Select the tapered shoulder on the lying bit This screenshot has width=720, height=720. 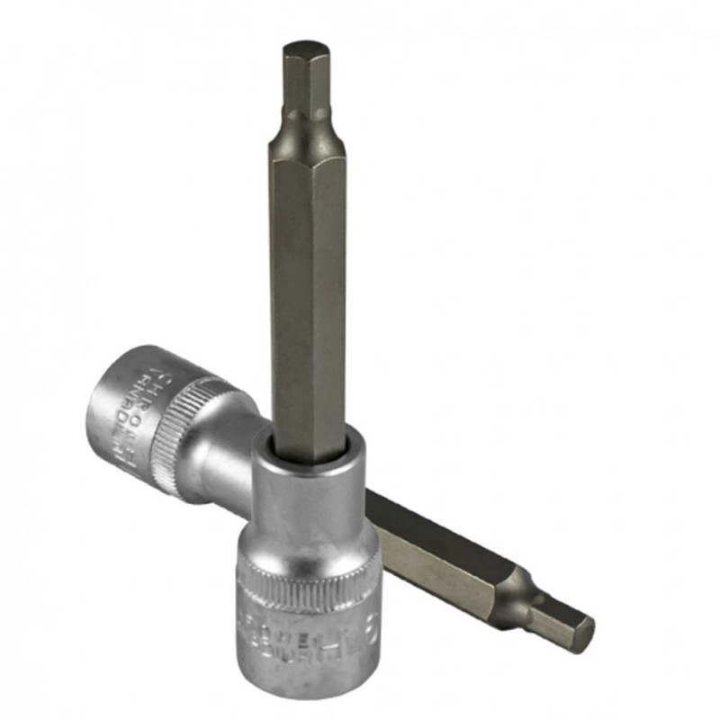pos(517,585)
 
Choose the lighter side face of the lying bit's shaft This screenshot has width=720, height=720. pos(432,562)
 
